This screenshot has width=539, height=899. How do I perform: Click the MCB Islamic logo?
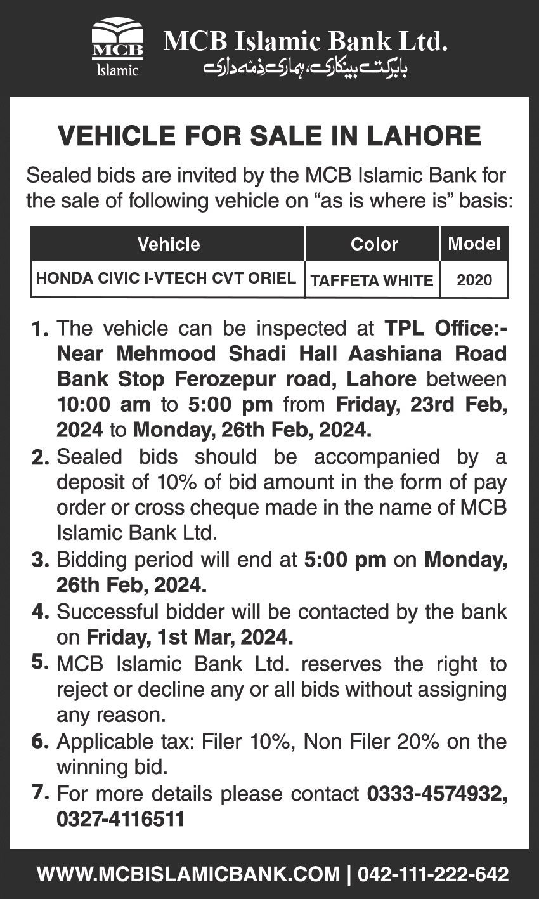(x=117, y=48)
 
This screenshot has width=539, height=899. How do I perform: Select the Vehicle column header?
(x=168, y=244)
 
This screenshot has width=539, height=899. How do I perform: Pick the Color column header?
(x=374, y=244)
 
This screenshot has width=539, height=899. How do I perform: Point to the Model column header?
(x=474, y=244)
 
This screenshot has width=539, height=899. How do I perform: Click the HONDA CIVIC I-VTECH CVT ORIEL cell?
(x=166, y=279)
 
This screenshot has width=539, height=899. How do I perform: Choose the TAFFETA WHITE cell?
(x=372, y=280)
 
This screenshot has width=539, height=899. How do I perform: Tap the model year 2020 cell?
(x=474, y=280)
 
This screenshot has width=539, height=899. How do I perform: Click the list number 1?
(x=39, y=329)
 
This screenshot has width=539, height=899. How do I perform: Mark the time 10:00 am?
(x=104, y=404)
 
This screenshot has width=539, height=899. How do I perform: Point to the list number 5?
(x=39, y=662)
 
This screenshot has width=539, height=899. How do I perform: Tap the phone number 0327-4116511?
(x=120, y=819)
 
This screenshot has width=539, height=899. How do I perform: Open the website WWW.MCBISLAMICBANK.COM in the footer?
(x=188, y=874)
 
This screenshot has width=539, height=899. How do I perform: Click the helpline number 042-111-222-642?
(x=433, y=874)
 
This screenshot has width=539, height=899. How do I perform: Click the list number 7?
(x=39, y=792)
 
